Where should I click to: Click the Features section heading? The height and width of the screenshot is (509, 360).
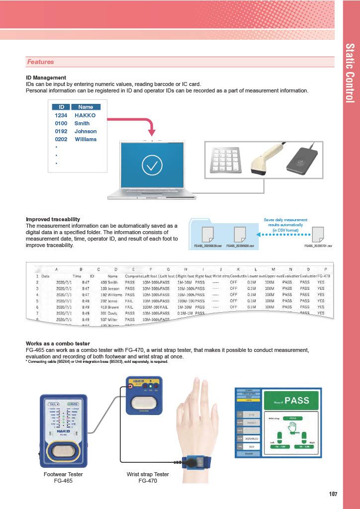(x=41, y=62)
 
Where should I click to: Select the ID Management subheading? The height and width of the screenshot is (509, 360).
(x=46, y=78)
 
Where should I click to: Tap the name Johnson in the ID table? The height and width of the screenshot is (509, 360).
(x=86, y=131)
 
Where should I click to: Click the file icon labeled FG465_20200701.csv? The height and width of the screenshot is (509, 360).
(x=318, y=234)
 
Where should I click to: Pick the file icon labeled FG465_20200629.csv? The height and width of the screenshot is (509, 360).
(x=207, y=234)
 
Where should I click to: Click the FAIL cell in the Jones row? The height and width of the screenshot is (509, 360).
(x=130, y=301)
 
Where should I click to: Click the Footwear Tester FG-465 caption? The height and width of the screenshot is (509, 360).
(x=64, y=478)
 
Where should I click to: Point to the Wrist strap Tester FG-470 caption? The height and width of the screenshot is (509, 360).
(x=148, y=478)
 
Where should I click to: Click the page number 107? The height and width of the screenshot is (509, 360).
(x=333, y=494)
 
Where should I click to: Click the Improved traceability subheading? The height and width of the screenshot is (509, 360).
(x=53, y=219)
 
